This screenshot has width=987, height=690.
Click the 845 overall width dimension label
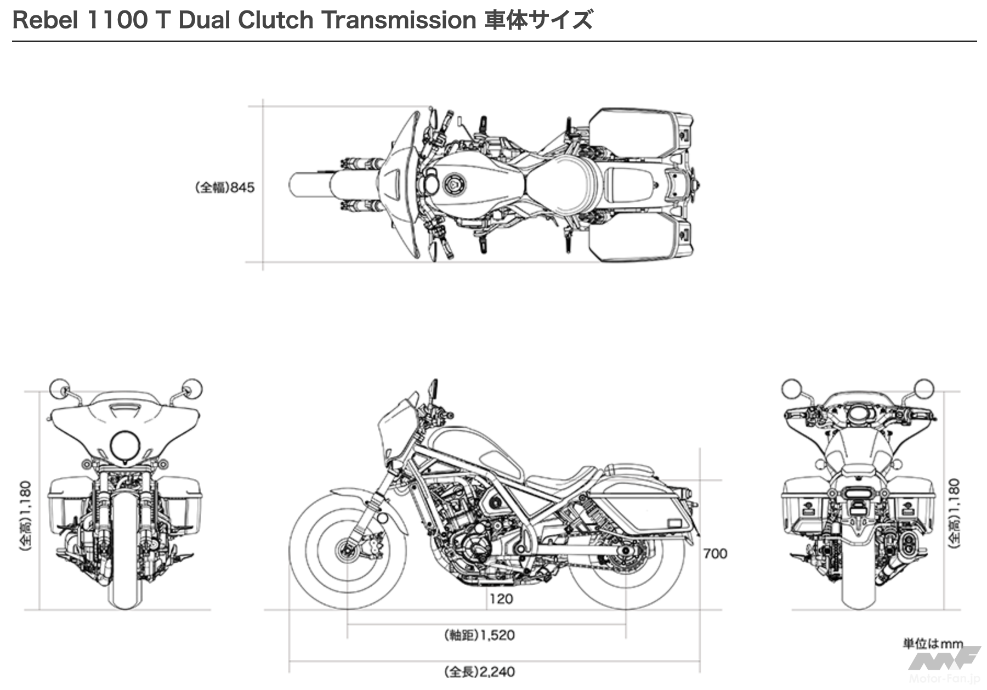pos(225,188)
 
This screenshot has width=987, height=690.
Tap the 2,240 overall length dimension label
pos(480,672)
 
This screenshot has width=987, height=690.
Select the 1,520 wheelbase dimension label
pos(480,635)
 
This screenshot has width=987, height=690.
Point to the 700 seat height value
pos(715,554)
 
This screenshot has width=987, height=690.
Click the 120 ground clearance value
pos(501,598)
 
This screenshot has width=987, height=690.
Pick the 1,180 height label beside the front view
pos(26,516)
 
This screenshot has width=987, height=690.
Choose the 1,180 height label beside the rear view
pos(955,513)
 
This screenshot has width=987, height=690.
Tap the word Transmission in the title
pos(399,20)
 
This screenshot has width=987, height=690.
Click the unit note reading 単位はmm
pos(933,643)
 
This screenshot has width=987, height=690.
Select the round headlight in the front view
pos(126,446)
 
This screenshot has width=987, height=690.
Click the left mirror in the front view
pos(59,389)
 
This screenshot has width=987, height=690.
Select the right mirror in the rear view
pos(924,388)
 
